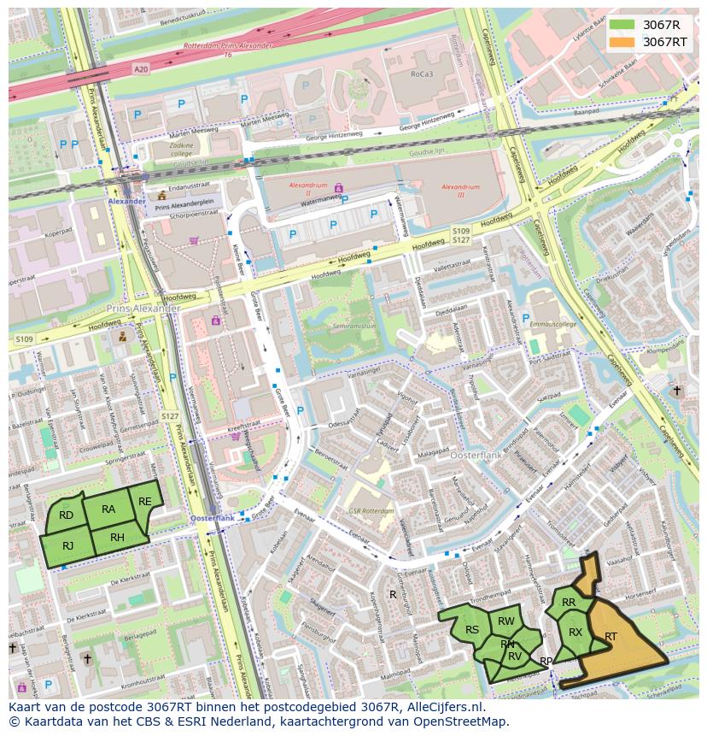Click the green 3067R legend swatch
622,25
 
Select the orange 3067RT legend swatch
622,42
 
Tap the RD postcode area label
66,515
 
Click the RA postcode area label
108,509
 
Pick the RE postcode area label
145,502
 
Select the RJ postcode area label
68,545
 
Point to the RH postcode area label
118,538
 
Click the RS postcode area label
471,630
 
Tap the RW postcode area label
506,621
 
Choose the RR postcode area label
569,603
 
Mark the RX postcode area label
576,633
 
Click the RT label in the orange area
611,637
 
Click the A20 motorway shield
141,68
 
